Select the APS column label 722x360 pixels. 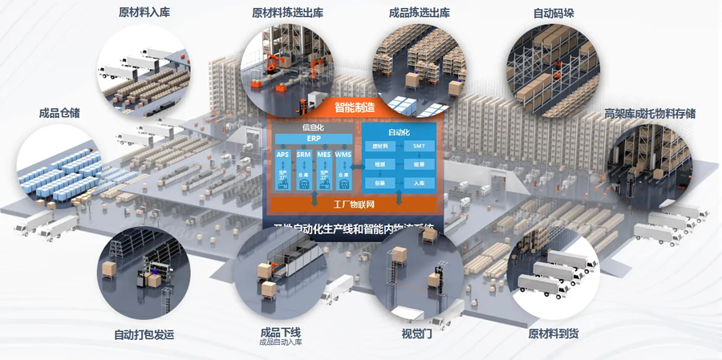[282, 154]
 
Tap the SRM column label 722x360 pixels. [303, 154]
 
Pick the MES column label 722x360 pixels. [323, 154]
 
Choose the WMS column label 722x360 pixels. [343, 154]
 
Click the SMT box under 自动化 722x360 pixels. [419, 146]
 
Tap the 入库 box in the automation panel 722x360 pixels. [419, 183]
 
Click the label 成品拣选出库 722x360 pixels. [419, 13]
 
